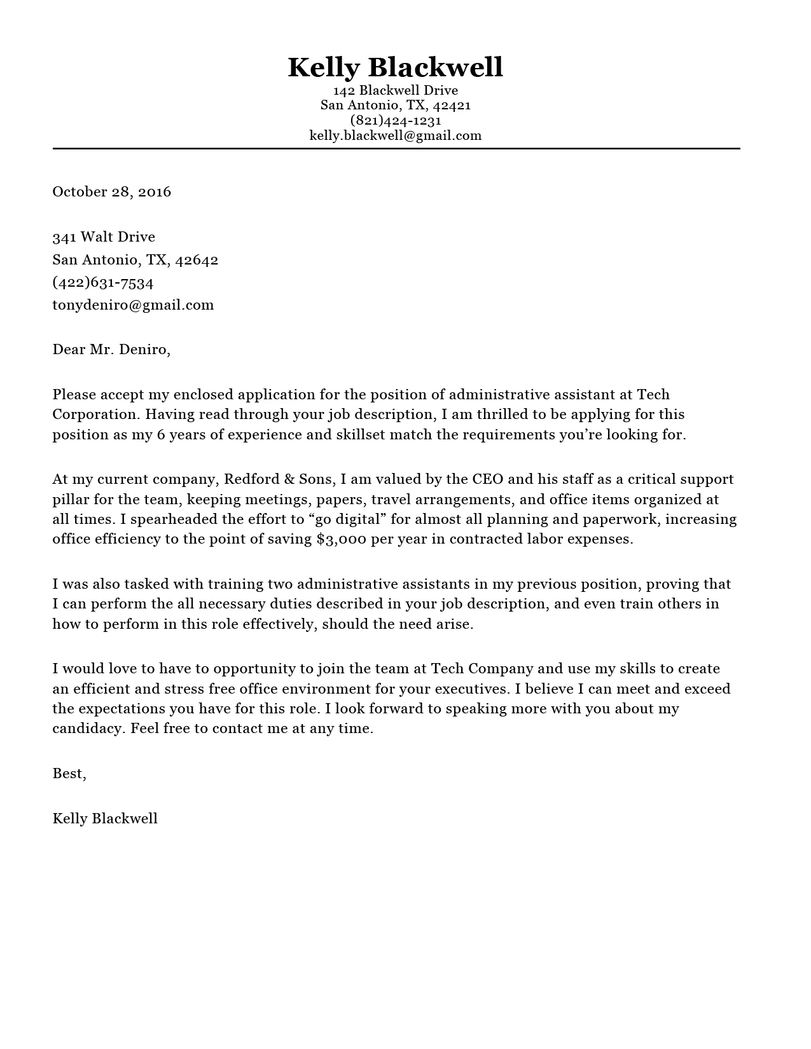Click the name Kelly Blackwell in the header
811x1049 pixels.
395,67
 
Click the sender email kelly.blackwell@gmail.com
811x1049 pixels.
395,135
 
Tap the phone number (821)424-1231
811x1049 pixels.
395,120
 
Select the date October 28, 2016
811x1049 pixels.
112,192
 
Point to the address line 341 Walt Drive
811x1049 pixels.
104,237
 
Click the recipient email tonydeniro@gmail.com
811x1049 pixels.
133,305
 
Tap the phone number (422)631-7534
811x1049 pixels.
103,282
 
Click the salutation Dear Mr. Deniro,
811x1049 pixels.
111,350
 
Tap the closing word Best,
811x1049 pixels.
69,774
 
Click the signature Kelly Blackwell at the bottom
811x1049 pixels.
105,819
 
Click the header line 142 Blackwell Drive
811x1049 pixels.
395,90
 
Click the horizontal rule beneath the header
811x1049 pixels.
396,149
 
